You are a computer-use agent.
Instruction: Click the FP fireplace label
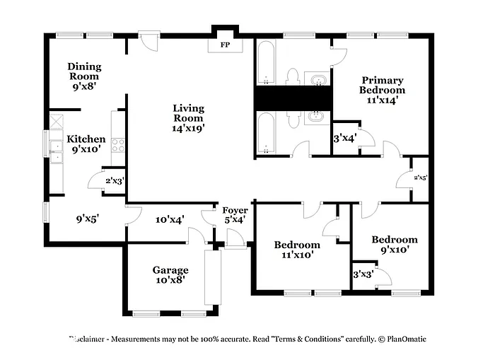[x=225, y=45]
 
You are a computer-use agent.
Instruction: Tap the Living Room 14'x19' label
[x=188, y=118]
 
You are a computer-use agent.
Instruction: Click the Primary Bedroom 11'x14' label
[x=382, y=90]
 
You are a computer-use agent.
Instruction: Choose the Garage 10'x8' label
[x=170, y=275]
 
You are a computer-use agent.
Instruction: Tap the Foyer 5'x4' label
[x=235, y=215]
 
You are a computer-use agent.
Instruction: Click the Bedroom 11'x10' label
[x=297, y=250]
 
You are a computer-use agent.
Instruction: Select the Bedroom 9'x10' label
[x=394, y=245]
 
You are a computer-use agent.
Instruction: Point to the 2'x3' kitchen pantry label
[x=115, y=181]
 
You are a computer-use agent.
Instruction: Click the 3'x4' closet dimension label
[x=345, y=139]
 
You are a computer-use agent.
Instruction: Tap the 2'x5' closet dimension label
[x=420, y=178]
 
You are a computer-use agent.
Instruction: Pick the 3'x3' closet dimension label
[x=363, y=274]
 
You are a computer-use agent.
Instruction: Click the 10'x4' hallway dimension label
[x=170, y=219]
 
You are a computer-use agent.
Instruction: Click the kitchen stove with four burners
[x=118, y=146]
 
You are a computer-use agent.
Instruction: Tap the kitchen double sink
[x=56, y=151]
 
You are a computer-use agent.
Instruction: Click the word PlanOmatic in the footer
[x=402, y=339]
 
